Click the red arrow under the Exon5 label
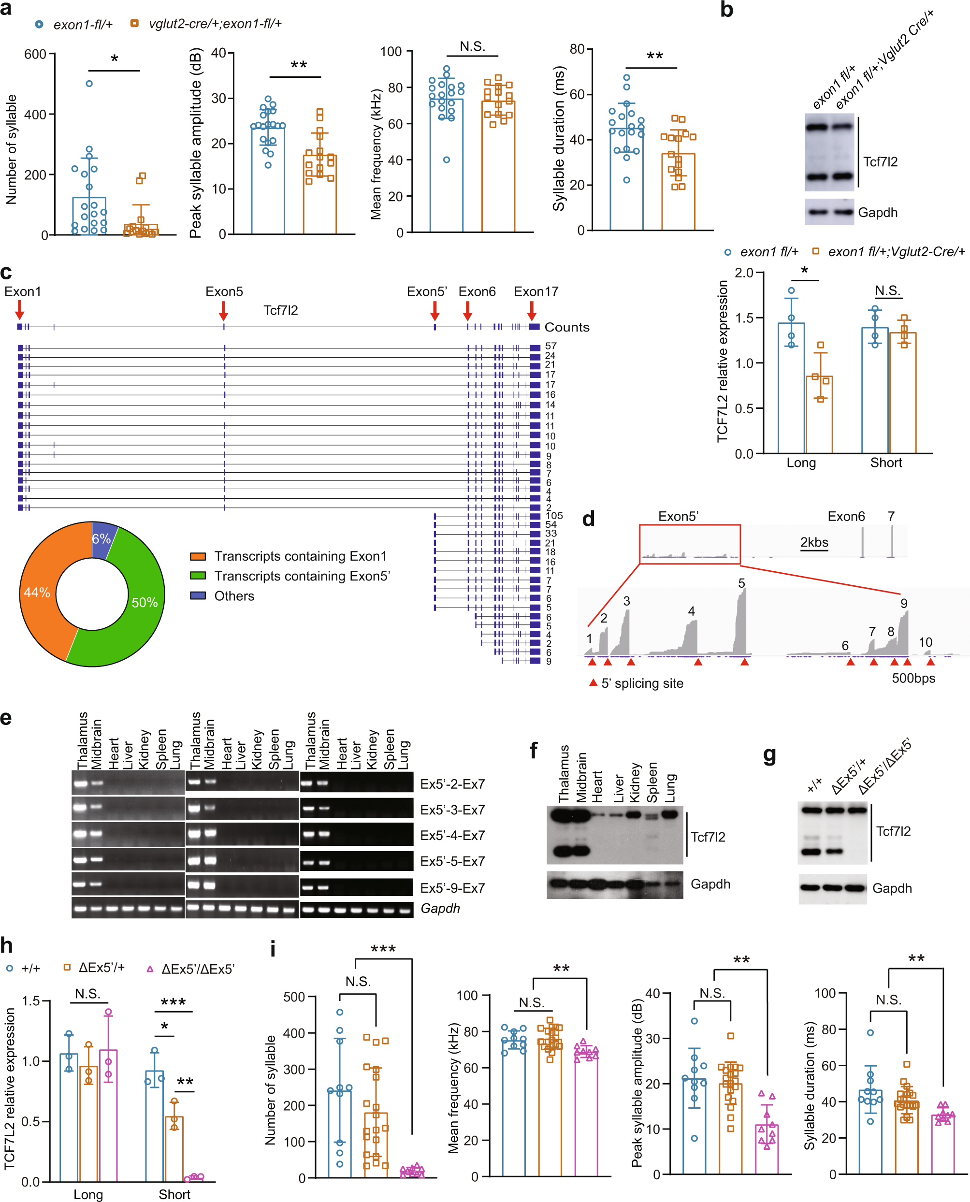click(x=223, y=310)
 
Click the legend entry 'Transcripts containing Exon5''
click(x=302, y=576)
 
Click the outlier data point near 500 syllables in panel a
click(x=89, y=84)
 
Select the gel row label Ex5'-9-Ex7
click(x=452, y=888)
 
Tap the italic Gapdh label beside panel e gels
click(x=440, y=908)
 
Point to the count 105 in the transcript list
click(x=554, y=515)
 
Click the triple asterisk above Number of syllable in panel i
click(x=383, y=949)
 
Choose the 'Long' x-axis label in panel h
click(x=88, y=1194)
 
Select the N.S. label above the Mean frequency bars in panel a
click(x=472, y=46)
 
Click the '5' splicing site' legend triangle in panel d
click(x=594, y=683)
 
